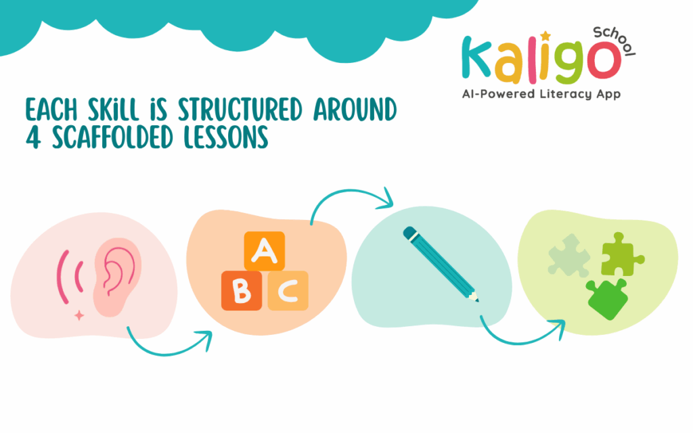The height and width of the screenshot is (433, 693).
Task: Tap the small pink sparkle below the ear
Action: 79,315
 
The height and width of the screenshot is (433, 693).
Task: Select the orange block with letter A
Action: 265,251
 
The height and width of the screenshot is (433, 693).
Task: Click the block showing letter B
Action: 242,290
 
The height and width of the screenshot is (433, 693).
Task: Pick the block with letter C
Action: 288,290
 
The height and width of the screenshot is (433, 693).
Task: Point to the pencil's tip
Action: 478,301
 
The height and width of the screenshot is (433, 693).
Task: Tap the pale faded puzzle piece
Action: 568,256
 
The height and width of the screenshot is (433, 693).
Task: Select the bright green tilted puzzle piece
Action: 607,299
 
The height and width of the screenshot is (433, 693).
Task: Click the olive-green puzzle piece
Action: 621,255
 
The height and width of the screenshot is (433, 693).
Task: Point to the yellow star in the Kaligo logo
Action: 546,36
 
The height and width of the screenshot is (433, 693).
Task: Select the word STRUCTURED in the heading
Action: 240,110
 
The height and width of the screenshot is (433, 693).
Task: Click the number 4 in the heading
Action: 33,137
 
